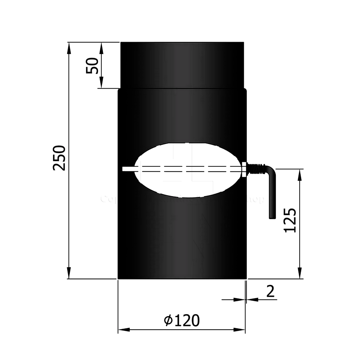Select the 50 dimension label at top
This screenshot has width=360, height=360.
[x=92, y=66]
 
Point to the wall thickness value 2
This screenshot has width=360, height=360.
[x=270, y=292]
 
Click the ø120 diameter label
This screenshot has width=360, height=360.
[x=182, y=320]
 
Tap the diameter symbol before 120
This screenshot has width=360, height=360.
[x=168, y=321]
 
